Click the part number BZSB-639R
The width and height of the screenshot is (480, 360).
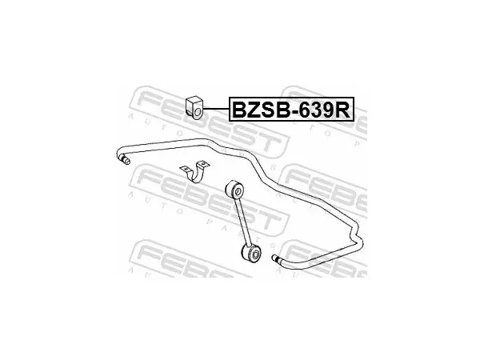pos(291,110)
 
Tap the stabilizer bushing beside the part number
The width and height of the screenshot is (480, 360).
pos(194,107)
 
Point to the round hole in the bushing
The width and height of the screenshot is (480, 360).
pos(198,112)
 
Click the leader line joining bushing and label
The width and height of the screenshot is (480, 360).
pos(216,109)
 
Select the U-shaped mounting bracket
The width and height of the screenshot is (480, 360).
pos(194,172)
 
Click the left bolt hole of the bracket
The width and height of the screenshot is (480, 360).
pos(186,168)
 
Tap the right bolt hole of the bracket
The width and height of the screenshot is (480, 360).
pos(204,164)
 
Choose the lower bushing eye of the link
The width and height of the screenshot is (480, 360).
pos(252,253)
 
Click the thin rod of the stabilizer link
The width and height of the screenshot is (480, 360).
pos(244,221)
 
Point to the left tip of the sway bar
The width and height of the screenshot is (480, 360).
pos(126,161)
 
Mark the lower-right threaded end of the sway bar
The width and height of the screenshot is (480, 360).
pos(276,258)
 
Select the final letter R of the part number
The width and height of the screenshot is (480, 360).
pos(343,110)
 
